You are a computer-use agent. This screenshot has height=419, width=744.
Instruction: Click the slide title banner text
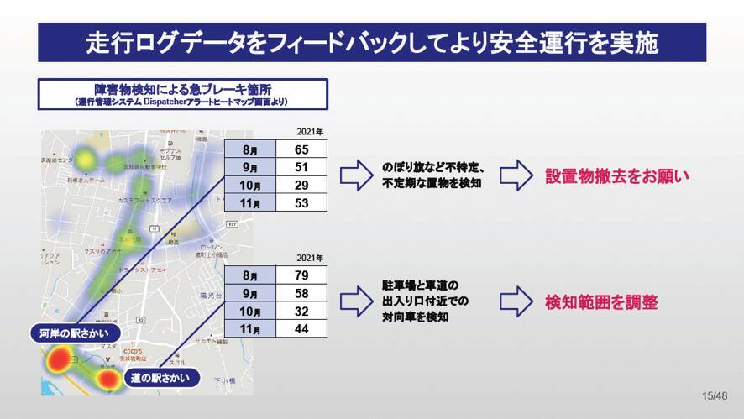372,42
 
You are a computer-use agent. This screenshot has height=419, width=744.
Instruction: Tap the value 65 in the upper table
301,149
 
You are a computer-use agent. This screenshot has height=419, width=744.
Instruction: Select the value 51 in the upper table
301,167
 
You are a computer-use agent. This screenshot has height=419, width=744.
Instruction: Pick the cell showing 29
301,185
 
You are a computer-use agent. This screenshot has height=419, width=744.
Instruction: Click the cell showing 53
301,202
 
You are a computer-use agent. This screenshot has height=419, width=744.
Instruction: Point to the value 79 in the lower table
301,276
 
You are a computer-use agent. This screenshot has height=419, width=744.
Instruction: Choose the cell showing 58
301,294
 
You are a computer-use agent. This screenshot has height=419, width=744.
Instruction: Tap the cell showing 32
301,312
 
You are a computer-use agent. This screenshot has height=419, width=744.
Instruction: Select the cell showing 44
301,329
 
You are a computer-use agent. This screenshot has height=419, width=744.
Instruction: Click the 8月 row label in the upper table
250,149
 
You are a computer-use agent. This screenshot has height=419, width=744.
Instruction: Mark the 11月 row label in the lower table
250,329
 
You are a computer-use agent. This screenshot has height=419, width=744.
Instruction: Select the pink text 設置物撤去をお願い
616,176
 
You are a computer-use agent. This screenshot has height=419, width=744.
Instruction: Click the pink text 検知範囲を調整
601,302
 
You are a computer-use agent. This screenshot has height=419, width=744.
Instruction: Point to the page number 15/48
714,395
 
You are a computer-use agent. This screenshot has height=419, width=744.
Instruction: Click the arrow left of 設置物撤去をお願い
516,175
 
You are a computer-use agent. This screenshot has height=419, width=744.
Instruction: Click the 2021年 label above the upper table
311,131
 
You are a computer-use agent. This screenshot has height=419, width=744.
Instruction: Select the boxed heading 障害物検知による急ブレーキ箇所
181,92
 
